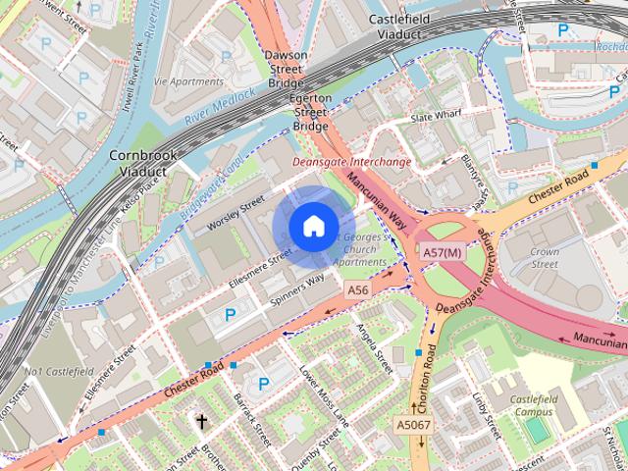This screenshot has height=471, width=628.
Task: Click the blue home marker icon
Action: tap(313, 227)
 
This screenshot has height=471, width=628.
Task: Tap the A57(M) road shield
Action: tap(442, 253)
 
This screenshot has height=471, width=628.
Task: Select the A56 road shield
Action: tap(358, 290)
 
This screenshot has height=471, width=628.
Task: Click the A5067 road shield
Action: tap(412, 424)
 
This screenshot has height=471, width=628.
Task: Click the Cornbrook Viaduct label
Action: tap(143, 163)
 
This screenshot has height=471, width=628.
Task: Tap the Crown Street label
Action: tap(545, 258)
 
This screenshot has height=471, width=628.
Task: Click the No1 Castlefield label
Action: tap(59, 372)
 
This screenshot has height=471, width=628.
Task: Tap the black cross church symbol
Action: tap(202, 423)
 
